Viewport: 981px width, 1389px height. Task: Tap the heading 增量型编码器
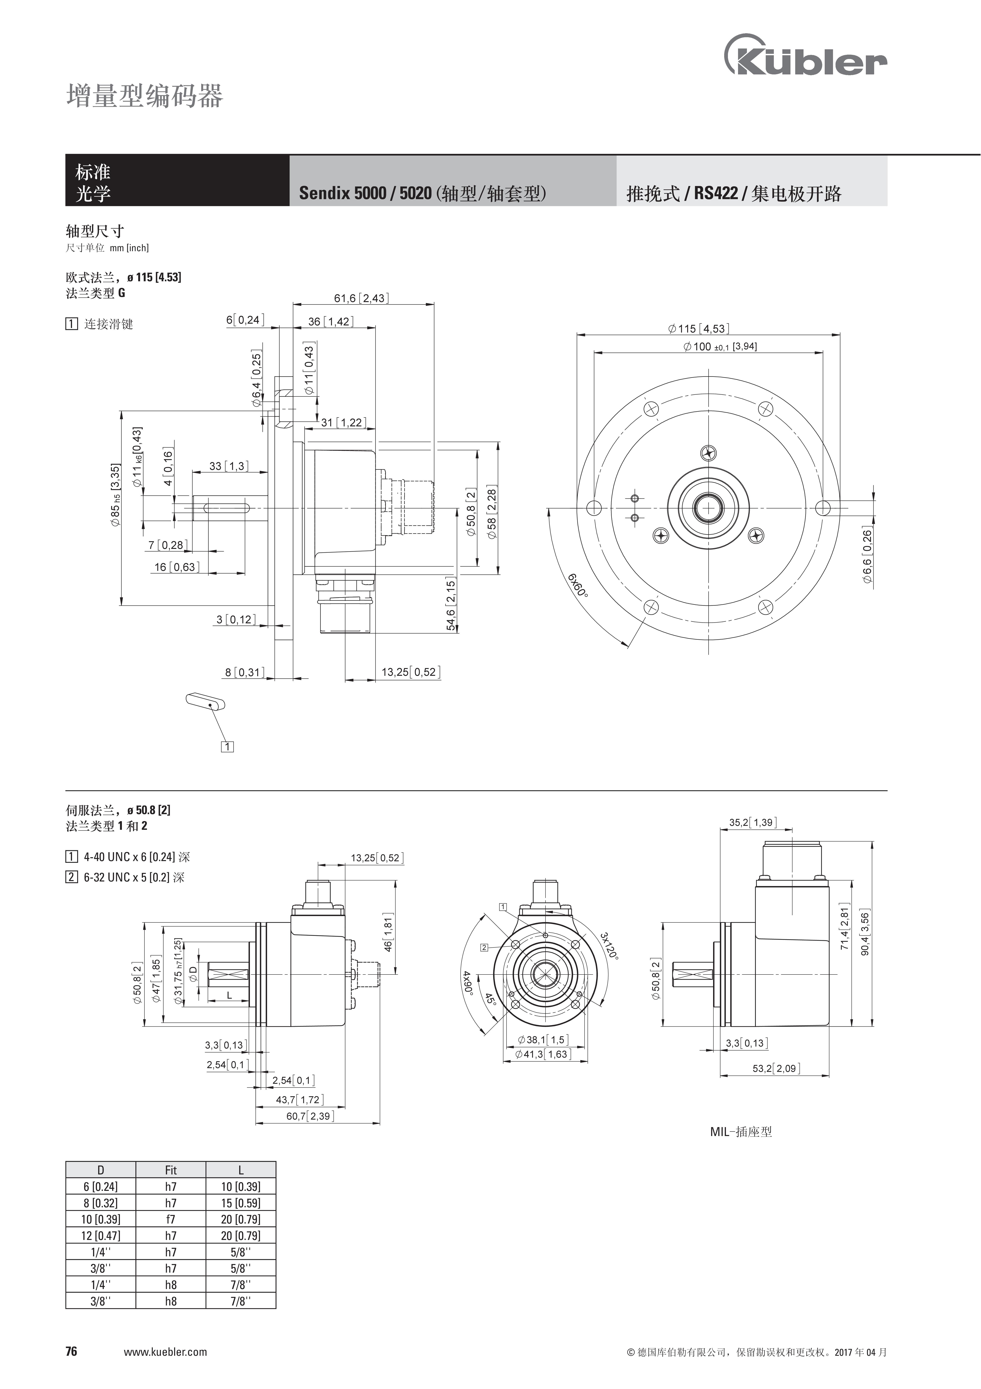[145, 96]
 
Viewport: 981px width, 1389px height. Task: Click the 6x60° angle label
[578, 585]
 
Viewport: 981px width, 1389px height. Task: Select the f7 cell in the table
[171, 1219]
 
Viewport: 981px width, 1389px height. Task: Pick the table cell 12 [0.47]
[100, 1235]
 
